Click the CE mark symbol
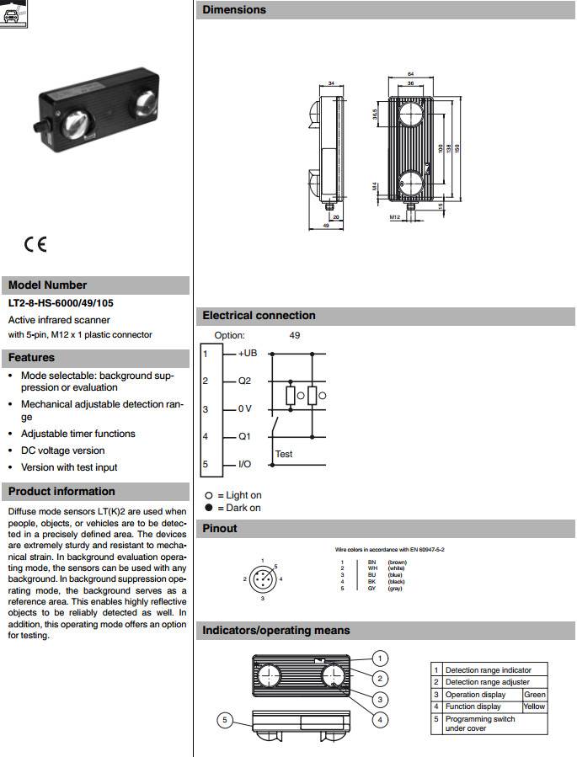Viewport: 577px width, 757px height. pos(35,244)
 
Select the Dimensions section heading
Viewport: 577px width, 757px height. pos(233,10)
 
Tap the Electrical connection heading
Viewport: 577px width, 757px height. pos(259,316)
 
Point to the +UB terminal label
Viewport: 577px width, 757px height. pos(247,353)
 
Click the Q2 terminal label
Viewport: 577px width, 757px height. pos(245,381)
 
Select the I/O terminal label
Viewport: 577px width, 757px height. pos(245,464)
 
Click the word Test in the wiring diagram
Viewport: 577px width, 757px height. pos(284,454)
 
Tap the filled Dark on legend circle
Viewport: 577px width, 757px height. pos(209,508)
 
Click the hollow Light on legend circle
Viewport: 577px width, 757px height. pos(209,495)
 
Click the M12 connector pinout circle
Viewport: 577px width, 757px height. pos(263,579)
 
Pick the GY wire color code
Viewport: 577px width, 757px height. pos(372,589)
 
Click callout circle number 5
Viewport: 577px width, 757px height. pos(225,719)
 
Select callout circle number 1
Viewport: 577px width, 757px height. pos(381,658)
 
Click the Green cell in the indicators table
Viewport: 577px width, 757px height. pos(534,695)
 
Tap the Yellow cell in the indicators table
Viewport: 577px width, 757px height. pos(534,706)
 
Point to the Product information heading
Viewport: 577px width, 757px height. pos(61,492)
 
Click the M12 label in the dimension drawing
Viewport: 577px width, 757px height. pos(393,216)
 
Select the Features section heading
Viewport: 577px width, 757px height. pos(32,358)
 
